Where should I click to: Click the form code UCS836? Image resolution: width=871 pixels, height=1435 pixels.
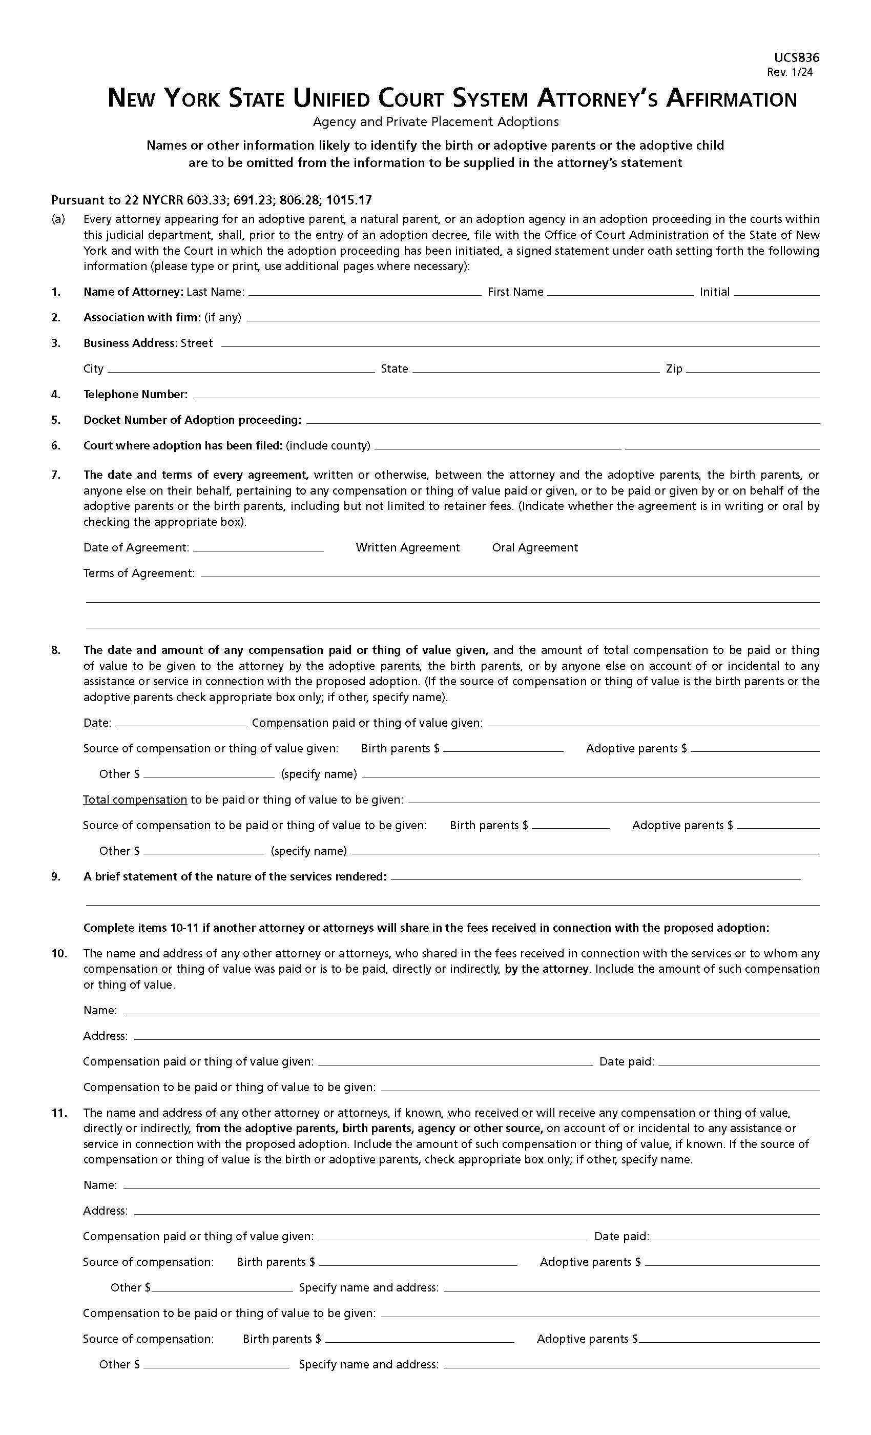(796, 57)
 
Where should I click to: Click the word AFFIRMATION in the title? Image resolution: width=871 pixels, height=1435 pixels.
(731, 99)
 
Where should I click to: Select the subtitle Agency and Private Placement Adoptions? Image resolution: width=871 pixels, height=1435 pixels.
(435, 122)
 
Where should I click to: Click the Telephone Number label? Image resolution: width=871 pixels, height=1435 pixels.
(135, 394)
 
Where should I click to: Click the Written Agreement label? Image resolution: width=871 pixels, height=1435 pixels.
(407, 547)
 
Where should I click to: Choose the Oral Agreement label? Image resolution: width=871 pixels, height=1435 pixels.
(534, 547)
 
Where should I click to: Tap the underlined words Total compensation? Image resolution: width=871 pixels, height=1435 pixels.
(134, 799)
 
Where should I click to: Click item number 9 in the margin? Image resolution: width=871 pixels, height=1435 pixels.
(56, 876)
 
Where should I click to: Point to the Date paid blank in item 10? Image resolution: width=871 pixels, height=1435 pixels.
(738, 1062)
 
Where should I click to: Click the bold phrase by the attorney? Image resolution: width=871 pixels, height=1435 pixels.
(547, 969)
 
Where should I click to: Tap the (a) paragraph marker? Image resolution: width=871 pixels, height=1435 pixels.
(58, 219)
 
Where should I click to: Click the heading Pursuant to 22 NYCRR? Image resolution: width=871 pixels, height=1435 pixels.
(211, 200)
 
